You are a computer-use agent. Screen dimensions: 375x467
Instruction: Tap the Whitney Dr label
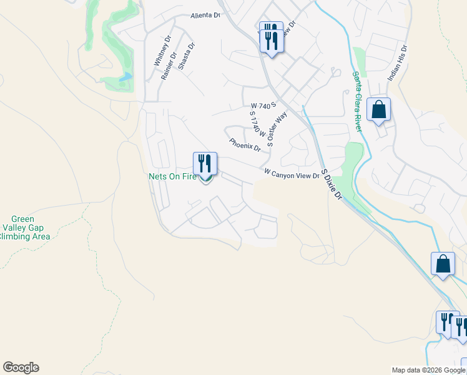pos(162,51)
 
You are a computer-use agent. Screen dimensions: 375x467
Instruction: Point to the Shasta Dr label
pos(186,56)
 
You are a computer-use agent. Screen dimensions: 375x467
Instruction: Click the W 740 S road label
pos(263,106)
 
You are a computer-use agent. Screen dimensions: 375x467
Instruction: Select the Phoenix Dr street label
pos(245,145)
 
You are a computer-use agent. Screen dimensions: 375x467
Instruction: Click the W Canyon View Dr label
pos(292,174)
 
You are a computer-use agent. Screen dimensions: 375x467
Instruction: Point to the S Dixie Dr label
pos(332,184)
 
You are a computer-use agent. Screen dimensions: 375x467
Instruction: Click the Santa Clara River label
pos(357,101)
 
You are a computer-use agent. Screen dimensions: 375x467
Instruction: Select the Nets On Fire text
pos(172,177)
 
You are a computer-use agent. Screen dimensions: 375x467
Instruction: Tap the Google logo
pos(21,367)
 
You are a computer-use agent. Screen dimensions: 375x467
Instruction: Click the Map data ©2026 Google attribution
pos(429,370)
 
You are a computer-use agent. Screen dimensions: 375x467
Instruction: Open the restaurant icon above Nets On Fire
pos(205,164)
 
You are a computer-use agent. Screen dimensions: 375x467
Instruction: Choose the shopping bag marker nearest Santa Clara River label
pos(378,110)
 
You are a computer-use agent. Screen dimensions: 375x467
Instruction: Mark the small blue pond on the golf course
pos(127,77)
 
